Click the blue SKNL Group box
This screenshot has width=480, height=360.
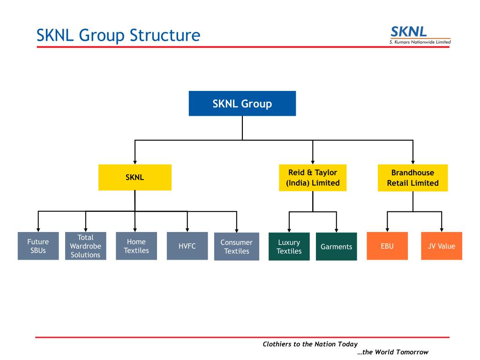pyautogui.click(x=242, y=104)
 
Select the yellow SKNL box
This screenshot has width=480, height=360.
pyautogui.click(x=135, y=177)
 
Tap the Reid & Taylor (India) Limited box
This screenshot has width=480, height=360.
pyautogui.click(x=313, y=178)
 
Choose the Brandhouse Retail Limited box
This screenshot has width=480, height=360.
pyautogui.click(x=412, y=178)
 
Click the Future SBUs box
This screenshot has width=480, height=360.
pyautogui.click(x=38, y=246)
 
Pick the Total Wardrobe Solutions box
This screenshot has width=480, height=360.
pyautogui.click(x=86, y=246)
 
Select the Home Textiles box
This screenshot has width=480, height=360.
pyautogui.click(x=136, y=246)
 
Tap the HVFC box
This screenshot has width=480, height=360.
pyautogui.click(x=187, y=246)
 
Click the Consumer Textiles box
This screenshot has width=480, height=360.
pyautogui.click(x=237, y=247)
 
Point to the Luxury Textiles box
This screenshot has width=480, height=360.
pyautogui.click(x=289, y=247)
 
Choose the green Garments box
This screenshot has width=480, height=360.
pyautogui.click(x=337, y=247)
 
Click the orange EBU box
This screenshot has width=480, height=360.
pyautogui.click(x=387, y=246)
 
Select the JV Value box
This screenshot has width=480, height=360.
pyautogui.click(x=442, y=246)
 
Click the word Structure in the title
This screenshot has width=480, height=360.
pyautogui.click(x=165, y=35)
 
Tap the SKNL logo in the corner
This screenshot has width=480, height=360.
pyautogui.click(x=420, y=35)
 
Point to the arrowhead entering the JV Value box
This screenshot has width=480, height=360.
pyautogui.click(x=442, y=230)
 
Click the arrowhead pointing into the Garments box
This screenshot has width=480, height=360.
pyautogui.click(x=337, y=231)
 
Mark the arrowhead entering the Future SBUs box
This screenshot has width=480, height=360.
pyautogui.click(x=38, y=230)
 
